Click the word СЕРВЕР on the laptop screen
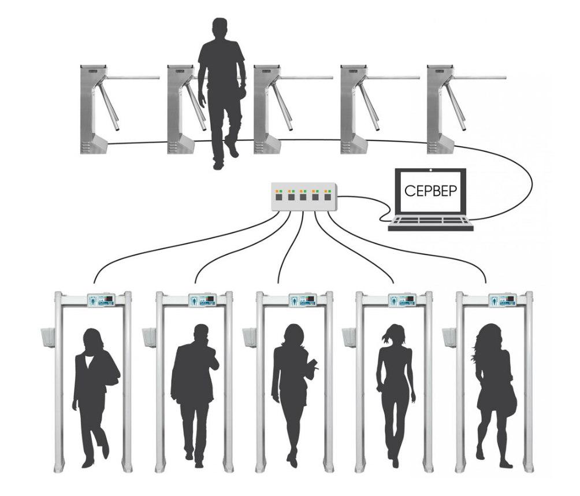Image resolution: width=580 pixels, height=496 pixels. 430,190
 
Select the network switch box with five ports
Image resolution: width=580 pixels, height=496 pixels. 304,197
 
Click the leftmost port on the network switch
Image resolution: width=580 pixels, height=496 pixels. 279,197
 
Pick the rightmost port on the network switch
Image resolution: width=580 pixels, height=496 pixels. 328,197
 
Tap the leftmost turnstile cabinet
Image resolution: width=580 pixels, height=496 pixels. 93,109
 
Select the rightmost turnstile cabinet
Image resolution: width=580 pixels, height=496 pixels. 440,109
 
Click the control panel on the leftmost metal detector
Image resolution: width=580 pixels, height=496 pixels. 101,300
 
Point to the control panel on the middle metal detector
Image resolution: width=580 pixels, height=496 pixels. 303,300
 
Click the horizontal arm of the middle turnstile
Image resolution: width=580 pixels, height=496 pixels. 306,78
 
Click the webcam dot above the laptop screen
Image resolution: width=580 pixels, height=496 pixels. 430,171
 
